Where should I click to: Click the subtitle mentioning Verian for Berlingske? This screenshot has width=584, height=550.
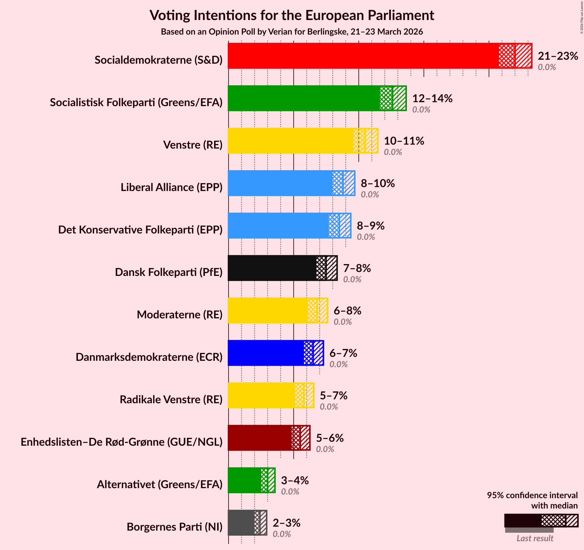coord(292,32)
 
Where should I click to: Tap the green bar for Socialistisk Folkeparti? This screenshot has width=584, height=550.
coord(303,98)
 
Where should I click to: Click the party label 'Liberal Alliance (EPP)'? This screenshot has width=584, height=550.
coord(171,187)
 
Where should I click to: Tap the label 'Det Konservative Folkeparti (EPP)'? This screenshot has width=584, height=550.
coord(140,230)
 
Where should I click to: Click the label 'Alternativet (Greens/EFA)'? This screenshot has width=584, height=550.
coord(159,485)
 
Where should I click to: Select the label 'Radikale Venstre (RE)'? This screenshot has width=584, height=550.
coord(171,400)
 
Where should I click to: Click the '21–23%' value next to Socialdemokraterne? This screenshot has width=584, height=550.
coord(558,56)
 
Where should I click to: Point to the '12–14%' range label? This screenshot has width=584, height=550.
coord(432,99)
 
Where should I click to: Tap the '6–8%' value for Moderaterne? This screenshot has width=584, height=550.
coord(347,311)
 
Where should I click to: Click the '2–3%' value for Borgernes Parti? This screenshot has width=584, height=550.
coord(286,523)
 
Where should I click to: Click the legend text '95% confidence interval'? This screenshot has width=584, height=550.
coord(532,495)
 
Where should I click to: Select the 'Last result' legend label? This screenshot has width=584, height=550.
coord(535,538)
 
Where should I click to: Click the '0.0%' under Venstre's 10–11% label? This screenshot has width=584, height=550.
coord(393,152)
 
